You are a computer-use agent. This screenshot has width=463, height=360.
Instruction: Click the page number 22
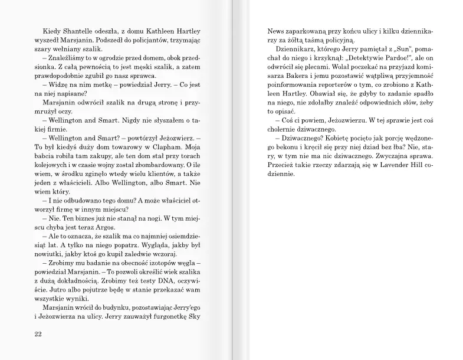coord(39,333)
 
